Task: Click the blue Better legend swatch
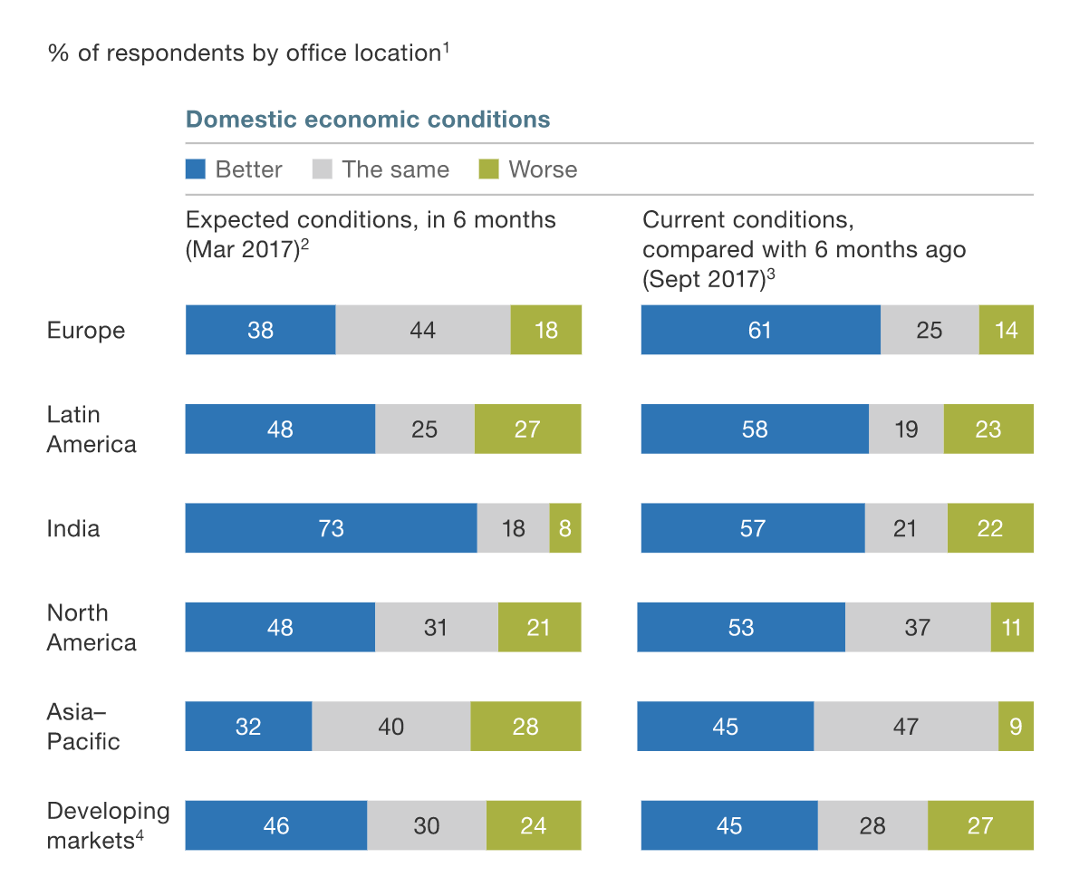196,169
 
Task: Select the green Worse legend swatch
488,169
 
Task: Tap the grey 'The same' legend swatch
323,169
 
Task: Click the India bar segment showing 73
331,528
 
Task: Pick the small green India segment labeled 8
565,528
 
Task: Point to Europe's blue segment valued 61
760,330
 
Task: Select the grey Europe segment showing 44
423,330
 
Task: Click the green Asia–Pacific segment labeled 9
1016,726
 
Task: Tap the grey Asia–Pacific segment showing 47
906,726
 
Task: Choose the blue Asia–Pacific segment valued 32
248,726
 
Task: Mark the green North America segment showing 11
1012,627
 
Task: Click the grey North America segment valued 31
436,627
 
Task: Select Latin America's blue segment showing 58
755,429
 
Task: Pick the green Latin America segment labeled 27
527,429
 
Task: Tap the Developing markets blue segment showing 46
276,825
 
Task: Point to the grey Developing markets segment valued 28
872,825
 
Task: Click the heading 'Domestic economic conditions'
368,120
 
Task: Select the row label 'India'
73,528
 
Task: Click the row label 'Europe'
86,330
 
